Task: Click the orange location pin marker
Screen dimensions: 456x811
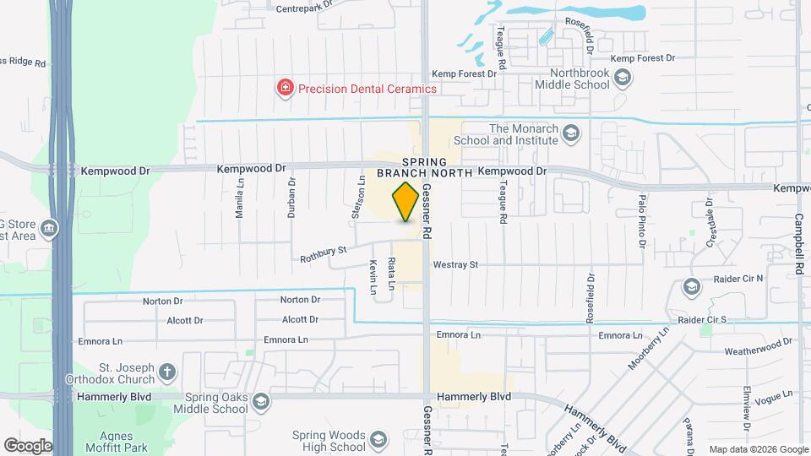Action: pyautogui.click(x=406, y=201)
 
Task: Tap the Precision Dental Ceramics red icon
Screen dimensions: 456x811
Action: pyautogui.click(x=286, y=88)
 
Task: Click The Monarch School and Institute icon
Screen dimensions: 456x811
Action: pyautogui.click(x=572, y=133)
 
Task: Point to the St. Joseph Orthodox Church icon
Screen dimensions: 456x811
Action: pyautogui.click(x=167, y=372)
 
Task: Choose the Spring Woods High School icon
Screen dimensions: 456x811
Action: pyautogui.click(x=379, y=440)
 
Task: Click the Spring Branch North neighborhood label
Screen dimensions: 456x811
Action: pyautogui.click(x=424, y=167)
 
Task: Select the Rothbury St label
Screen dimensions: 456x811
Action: pyautogui.click(x=324, y=251)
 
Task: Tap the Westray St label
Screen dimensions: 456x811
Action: pyautogui.click(x=455, y=264)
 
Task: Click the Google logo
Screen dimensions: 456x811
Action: pyautogui.click(x=28, y=445)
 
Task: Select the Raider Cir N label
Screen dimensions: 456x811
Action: pyautogui.click(x=735, y=278)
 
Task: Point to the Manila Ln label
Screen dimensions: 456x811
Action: pyautogui.click(x=240, y=203)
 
